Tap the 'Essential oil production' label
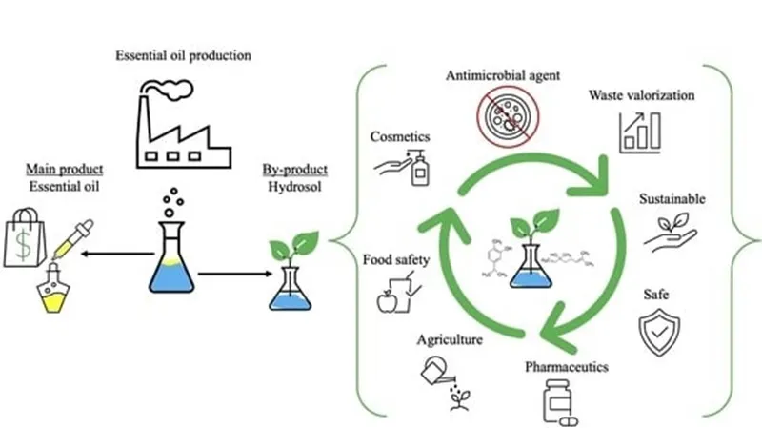click(x=183, y=51)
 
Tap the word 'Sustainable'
click(x=672, y=199)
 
